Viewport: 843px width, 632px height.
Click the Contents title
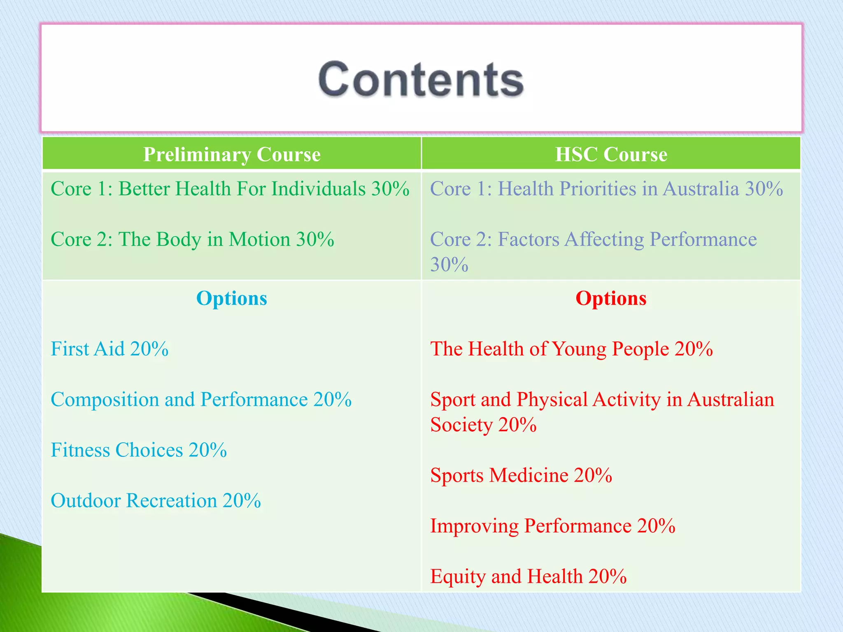coord(421,79)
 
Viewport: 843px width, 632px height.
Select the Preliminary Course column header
coord(232,154)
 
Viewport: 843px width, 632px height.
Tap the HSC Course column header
coord(611,154)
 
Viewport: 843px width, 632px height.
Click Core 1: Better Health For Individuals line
coord(230,189)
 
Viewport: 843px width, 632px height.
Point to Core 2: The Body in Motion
coord(192,239)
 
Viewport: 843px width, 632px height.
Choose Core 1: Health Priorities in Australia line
coord(606,189)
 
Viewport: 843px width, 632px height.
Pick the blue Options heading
coord(232,298)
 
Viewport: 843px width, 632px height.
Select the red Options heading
coord(611,298)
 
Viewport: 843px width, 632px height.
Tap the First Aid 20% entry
coord(109,349)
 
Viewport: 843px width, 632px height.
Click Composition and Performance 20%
coord(201,400)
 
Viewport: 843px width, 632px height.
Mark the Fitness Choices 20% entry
coord(139,450)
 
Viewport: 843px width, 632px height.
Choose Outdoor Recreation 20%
coord(156,501)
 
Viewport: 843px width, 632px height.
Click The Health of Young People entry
coord(571,349)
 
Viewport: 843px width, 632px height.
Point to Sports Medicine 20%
coord(521,475)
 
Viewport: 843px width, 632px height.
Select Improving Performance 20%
coord(552,526)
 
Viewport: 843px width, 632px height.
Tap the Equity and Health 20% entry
coord(528,576)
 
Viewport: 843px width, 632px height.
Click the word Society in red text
coord(461,425)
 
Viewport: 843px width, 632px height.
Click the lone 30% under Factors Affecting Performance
coord(449,265)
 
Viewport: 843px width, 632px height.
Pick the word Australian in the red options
coord(731,400)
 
